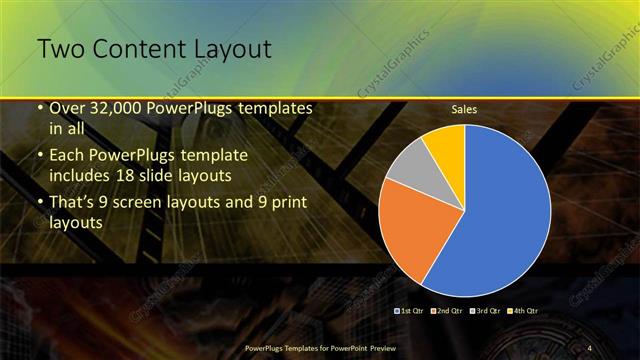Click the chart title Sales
[463, 109]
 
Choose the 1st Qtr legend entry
[413, 312]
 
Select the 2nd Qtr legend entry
[447, 312]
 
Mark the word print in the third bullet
[287, 203]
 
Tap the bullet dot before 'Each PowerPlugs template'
[40, 157]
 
